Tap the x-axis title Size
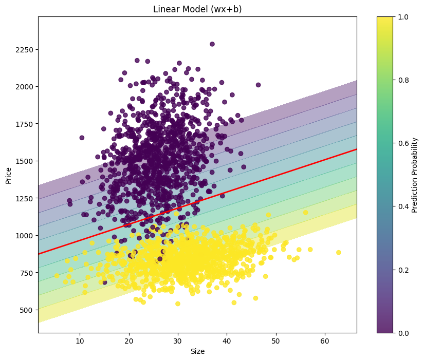click(197, 352)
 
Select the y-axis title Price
click(8, 175)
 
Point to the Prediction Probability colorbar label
click(414, 175)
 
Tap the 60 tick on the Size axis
click(325, 342)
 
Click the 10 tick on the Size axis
click(80, 342)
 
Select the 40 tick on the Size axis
click(227, 342)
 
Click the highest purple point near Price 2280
click(212, 44)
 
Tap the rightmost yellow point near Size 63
click(338, 252)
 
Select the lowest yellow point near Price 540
click(178, 304)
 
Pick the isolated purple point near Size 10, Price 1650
click(82, 138)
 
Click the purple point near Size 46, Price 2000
click(258, 85)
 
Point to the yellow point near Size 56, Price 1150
click(305, 212)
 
